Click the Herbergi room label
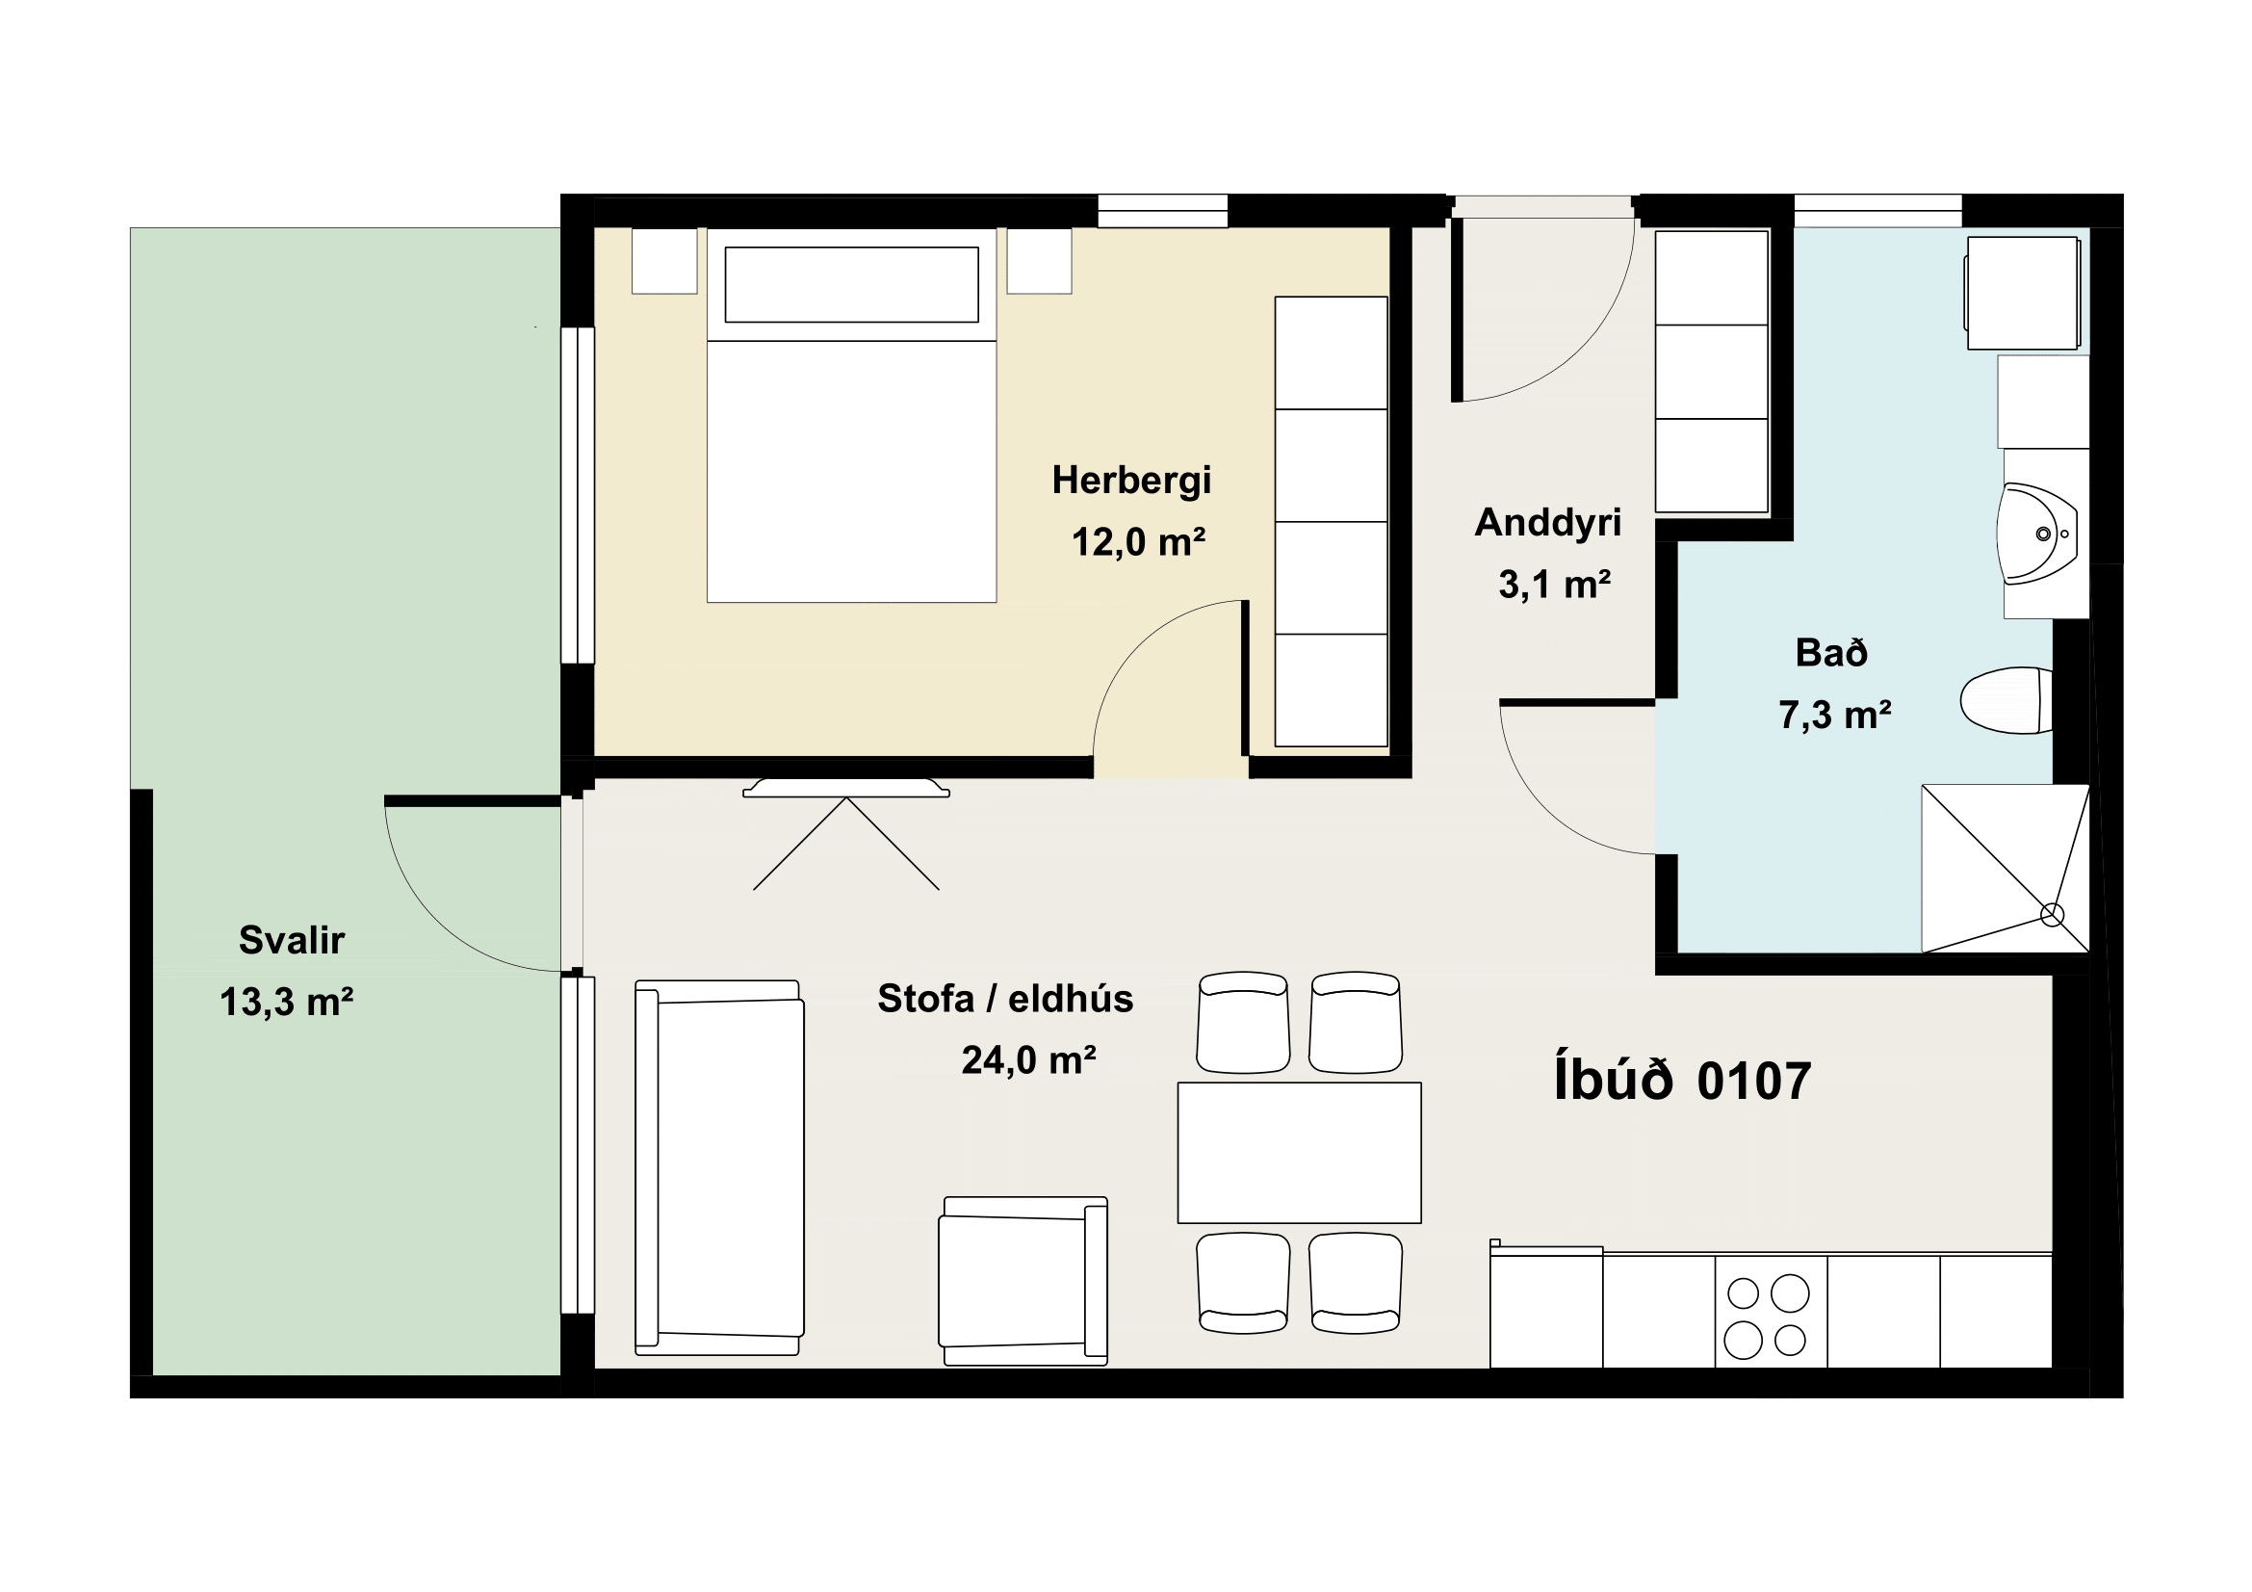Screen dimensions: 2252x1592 (1131, 481)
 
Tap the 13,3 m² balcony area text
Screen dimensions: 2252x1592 (286, 1003)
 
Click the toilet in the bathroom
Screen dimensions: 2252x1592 (2006, 700)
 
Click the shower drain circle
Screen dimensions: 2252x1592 (2052, 915)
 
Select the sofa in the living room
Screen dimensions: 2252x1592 (719, 1167)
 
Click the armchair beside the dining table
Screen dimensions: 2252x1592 (1023, 1281)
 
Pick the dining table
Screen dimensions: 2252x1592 (1299, 1153)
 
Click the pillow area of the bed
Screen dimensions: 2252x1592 (851, 284)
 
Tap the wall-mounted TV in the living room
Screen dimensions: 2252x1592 (845, 788)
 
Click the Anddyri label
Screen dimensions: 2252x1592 (1548, 522)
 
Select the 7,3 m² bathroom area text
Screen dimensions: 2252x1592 (1835, 715)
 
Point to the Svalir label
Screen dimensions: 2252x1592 (292, 941)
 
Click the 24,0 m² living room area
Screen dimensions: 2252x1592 (1029, 1060)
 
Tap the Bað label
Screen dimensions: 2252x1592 (1831, 652)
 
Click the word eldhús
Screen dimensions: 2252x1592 (1071, 999)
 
